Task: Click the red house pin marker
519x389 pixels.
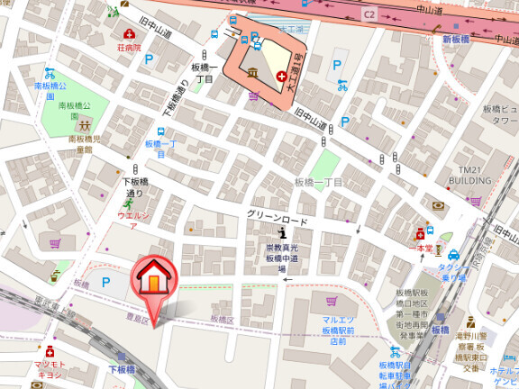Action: point(153,279)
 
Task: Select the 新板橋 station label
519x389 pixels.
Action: point(457,41)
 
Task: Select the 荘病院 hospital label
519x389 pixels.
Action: point(128,47)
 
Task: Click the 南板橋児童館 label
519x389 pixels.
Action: point(84,144)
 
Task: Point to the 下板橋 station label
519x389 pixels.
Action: point(122,369)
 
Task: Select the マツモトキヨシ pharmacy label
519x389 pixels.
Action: point(49,368)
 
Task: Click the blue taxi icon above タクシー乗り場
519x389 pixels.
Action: point(454,255)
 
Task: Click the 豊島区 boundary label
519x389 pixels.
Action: point(137,317)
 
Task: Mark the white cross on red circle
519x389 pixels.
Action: point(284,77)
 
